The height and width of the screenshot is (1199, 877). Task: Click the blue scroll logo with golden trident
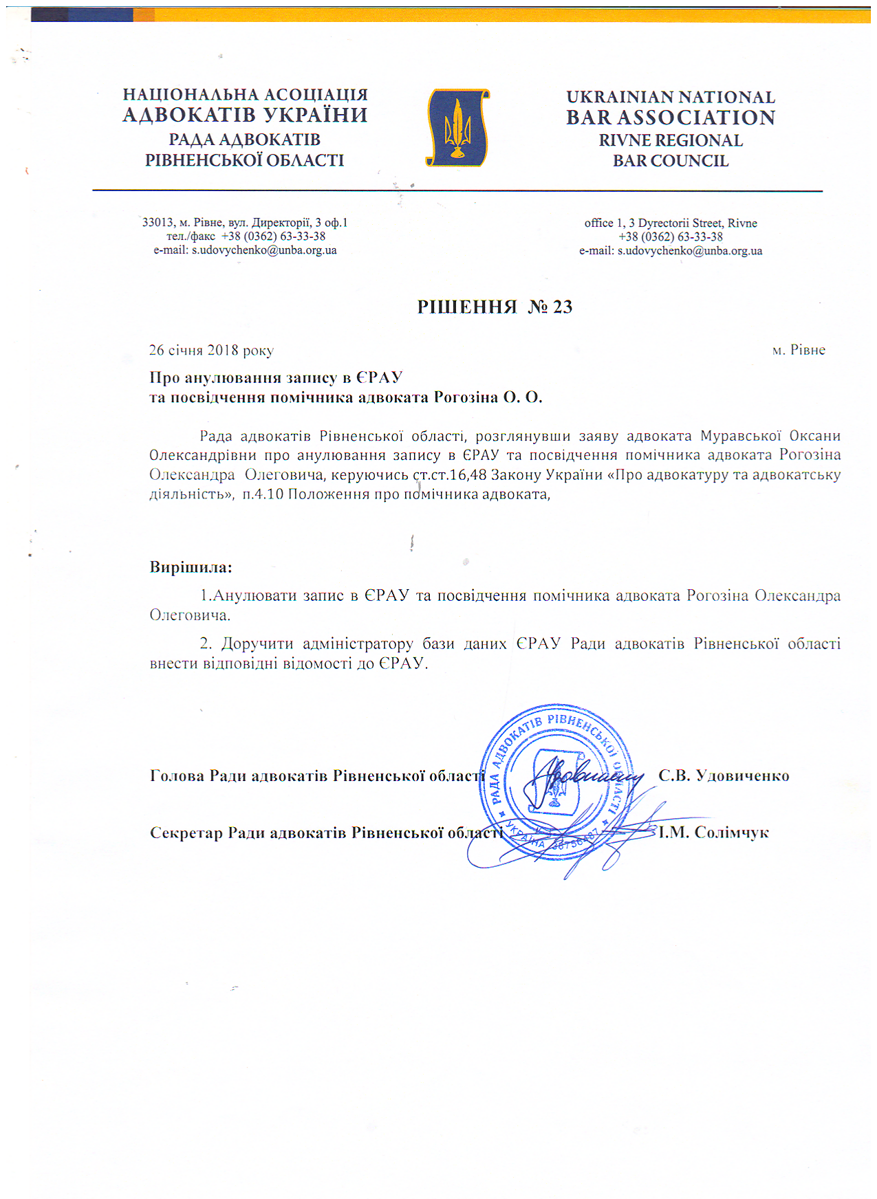pyautogui.click(x=457, y=128)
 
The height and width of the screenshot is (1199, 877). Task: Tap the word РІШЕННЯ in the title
pyautogui.click(x=466, y=307)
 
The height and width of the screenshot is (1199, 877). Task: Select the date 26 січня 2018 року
pyautogui.click(x=211, y=350)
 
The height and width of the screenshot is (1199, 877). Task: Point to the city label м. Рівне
pyautogui.click(x=798, y=350)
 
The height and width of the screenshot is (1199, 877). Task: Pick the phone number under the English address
pyautogui.click(x=670, y=236)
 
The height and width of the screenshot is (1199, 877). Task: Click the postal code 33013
pyautogui.click(x=158, y=223)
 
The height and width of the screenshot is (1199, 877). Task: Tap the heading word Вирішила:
pyautogui.click(x=191, y=568)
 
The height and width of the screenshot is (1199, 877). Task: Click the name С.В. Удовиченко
pyautogui.click(x=724, y=775)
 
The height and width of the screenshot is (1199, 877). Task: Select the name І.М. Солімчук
pyautogui.click(x=713, y=833)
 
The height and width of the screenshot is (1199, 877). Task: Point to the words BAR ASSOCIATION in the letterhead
pyautogui.click(x=671, y=118)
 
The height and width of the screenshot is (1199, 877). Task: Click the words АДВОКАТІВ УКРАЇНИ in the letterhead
pyautogui.click(x=245, y=115)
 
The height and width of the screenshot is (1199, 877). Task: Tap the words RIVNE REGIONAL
pyautogui.click(x=671, y=140)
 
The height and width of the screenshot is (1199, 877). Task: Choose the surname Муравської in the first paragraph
pyautogui.click(x=740, y=436)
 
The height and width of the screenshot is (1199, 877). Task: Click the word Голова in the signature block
pyautogui.click(x=177, y=775)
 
